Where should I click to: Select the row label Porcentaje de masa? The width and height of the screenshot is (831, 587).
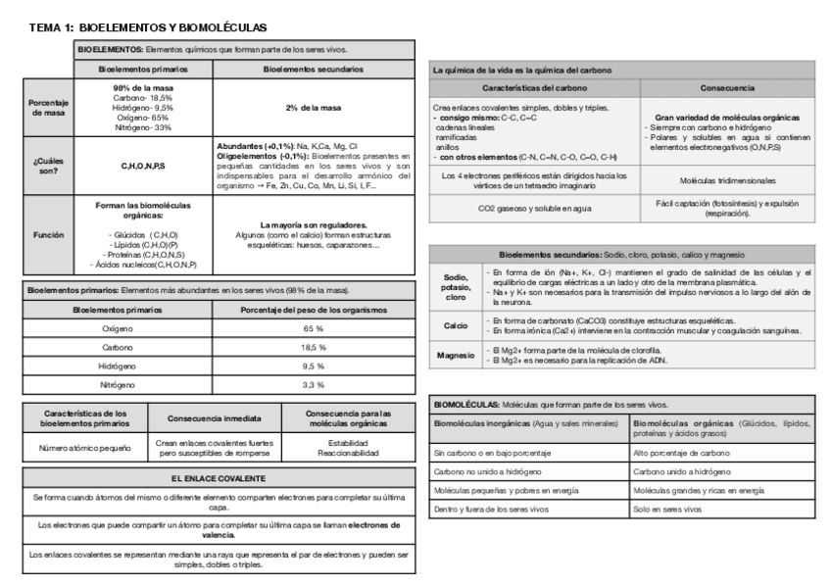click(47, 108)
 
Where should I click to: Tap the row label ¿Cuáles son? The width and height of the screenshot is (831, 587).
click(47, 166)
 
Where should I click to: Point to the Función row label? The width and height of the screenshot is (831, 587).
click(47, 236)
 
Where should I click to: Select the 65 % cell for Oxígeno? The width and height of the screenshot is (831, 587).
click(314, 329)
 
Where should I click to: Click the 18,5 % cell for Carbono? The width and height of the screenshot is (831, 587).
click(314, 347)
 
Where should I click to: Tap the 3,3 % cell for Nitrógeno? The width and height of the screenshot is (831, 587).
click(314, 385)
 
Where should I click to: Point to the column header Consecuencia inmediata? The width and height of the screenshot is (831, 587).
click(214, 418)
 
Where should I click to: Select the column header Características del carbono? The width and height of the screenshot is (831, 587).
click(535, 88)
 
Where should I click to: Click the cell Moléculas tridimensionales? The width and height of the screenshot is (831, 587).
click(726, 181)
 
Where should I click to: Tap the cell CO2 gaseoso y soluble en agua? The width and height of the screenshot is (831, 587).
click(535, 209)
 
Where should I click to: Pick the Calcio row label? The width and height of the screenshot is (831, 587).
click(456, 326)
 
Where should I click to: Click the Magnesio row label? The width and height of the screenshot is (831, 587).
click(456, 356)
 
